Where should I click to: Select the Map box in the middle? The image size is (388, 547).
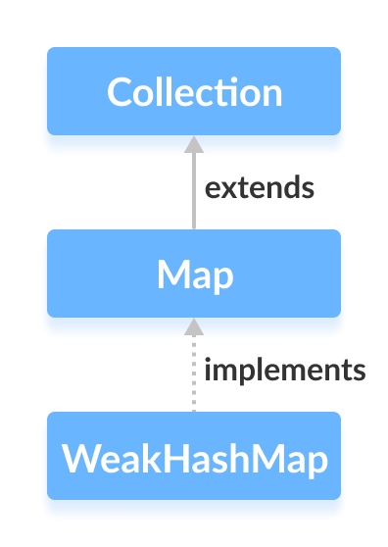pos(194,273)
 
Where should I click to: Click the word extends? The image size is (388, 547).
pos(260,187)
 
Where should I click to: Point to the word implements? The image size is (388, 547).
pos(285,371)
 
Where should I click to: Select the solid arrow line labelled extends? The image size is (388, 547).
pos(194,191)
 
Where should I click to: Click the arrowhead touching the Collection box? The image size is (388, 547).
pos(194,144)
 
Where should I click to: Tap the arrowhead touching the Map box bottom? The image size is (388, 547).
pos(194,326)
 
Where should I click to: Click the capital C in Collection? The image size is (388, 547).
pos(119,92)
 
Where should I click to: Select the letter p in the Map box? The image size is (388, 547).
pos(224,278)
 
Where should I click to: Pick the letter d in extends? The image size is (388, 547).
pos(289,187)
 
